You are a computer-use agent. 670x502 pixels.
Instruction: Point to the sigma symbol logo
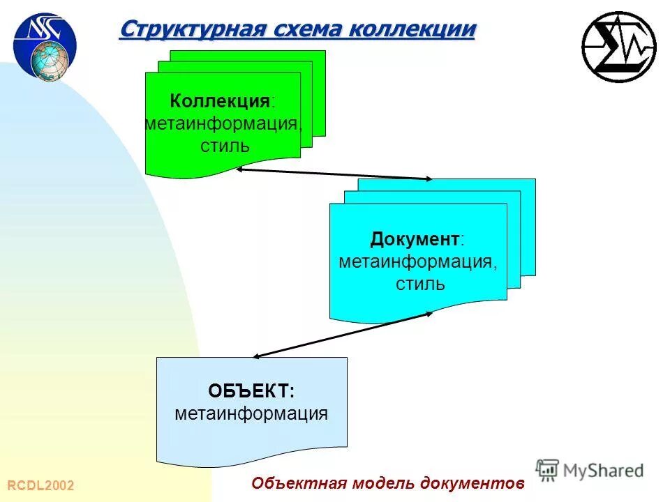[x=618, y=47]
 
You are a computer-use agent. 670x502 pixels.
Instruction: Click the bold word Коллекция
[x=221, y=102]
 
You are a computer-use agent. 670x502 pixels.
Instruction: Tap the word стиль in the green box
[x=224, y=146]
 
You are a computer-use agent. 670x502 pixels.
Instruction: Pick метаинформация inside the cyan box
[x=418, y=262]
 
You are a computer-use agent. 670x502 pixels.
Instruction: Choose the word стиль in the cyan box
[x=420, y=284]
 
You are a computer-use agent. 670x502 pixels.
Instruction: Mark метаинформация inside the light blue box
[x=251, y=413]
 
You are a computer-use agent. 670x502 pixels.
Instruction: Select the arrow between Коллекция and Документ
[x=334, y=174]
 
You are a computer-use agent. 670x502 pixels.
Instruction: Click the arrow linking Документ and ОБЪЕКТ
[x=342, y=335]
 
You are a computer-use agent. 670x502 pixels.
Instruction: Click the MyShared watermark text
[x=603, y=471]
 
